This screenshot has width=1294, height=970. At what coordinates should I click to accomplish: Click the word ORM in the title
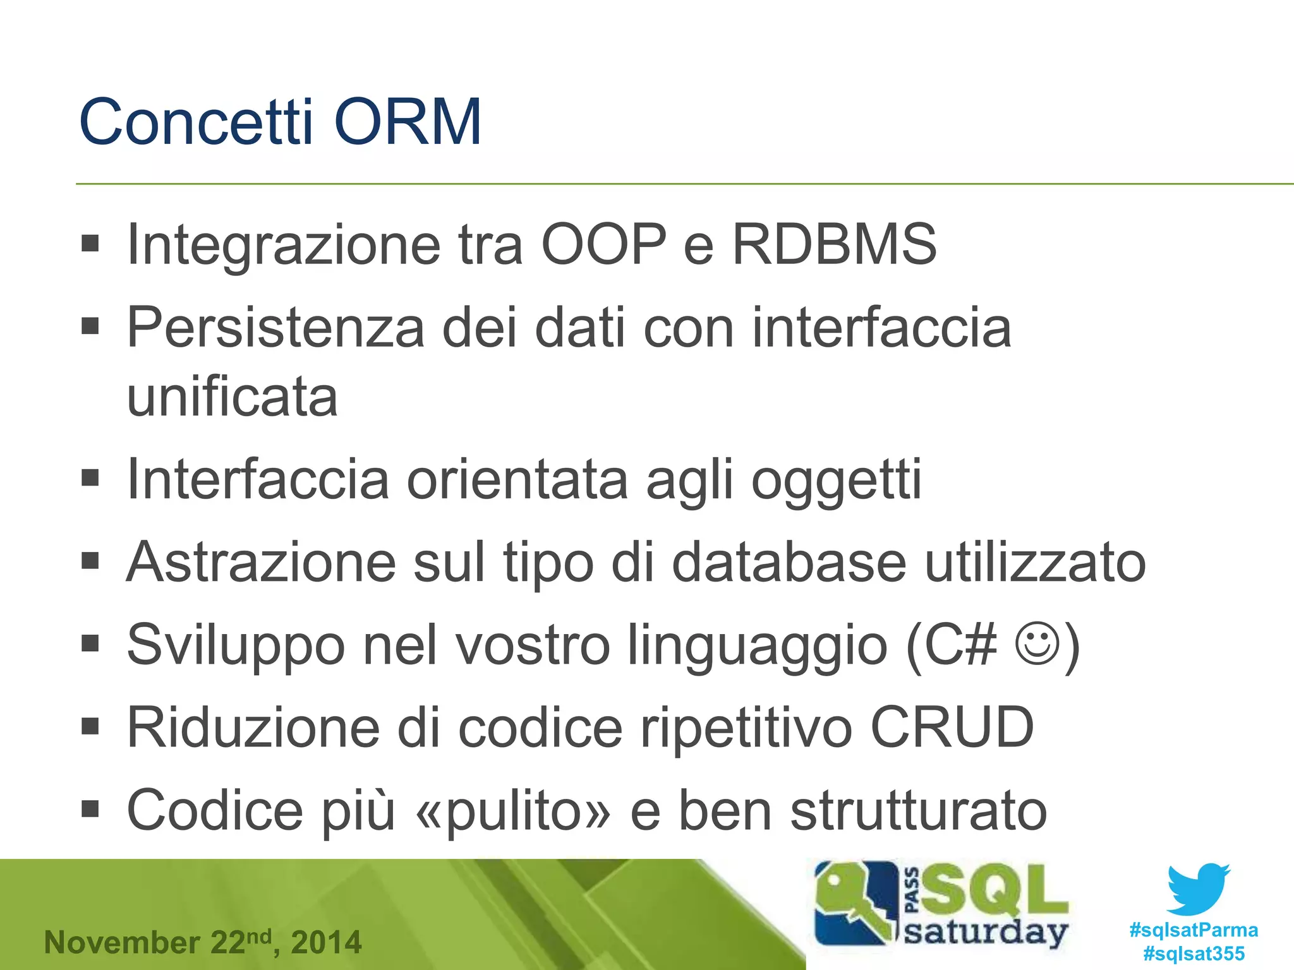pos(408,122)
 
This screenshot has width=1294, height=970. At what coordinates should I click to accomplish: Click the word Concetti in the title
pos(196,122)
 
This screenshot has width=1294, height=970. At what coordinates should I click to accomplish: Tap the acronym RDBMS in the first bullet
pos(834,244)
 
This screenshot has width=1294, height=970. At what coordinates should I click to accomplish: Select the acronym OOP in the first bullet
pos(604,244)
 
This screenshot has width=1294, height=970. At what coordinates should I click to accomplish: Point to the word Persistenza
pos(275,328)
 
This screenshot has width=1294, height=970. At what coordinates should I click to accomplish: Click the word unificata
pos(232,397)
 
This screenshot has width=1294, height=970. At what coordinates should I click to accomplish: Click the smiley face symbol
pos(1036,644)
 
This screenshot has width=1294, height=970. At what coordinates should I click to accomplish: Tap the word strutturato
pos(919,811)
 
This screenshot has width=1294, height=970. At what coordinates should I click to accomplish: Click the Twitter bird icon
pos(1198,889)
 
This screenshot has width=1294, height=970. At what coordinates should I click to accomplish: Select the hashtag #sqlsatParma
pos(1194,930)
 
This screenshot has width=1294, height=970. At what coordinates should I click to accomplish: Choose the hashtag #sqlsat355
pos(1194,954)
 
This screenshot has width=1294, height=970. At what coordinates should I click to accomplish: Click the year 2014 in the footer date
pos(326,943)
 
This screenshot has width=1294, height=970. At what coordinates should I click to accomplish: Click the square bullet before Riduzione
pos(90,726)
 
